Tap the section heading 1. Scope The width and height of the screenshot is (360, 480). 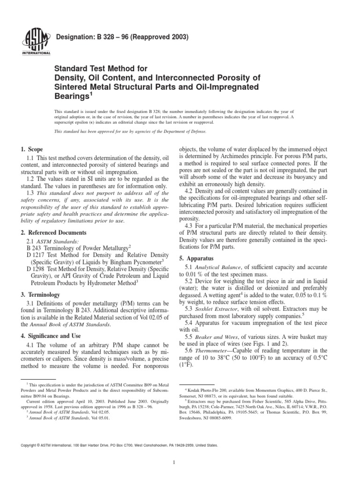tap(36, 150)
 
